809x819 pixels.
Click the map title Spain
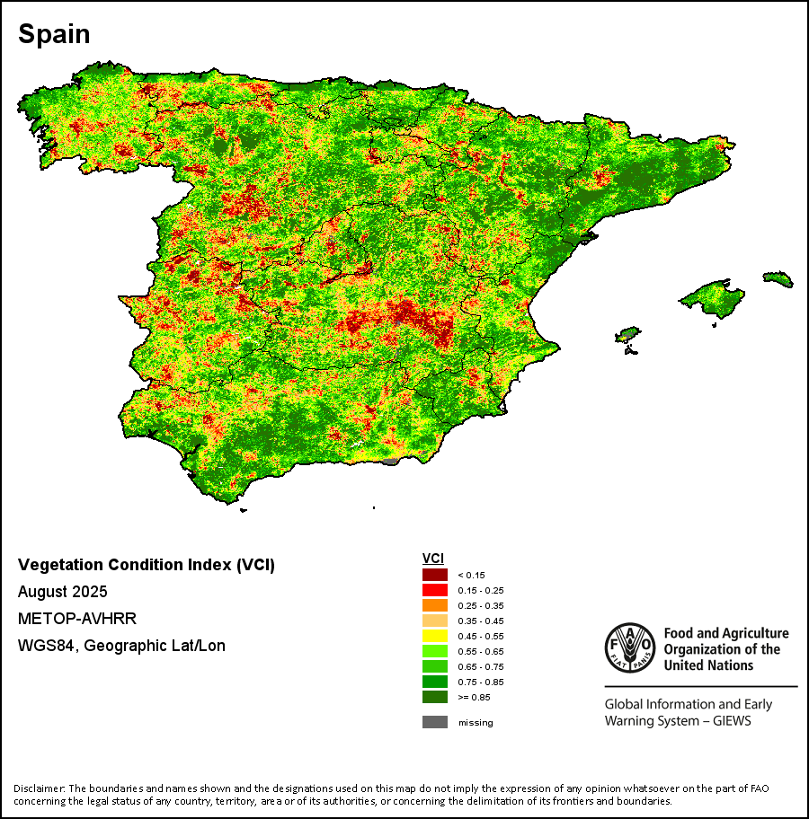[54, 35]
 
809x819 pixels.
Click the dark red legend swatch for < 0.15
[435, 575]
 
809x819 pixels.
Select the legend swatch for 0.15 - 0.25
[435, 590]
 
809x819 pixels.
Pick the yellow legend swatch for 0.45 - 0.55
[435, 636]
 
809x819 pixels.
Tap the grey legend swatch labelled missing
[435, 722]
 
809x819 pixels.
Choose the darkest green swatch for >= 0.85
[435, 697]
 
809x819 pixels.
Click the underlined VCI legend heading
[433, 559]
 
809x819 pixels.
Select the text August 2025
[63, 592]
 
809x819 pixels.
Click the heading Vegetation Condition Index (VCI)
[147, 565]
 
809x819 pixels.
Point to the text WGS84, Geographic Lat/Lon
[121, 646]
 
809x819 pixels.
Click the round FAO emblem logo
[630, 647]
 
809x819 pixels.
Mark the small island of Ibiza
[630, 335]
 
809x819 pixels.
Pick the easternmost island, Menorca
[778, 279]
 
